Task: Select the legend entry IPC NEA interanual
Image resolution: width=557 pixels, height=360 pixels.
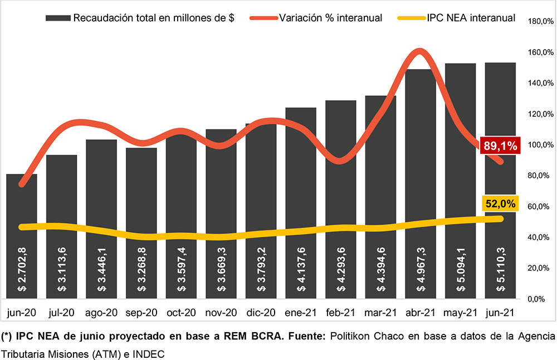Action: [x=471, y=18]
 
